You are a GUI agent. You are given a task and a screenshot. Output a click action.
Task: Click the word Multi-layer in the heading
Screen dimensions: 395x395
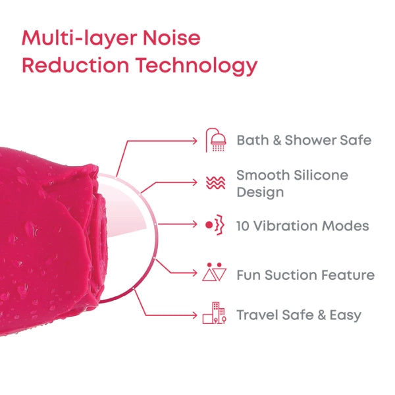[x=78, y=38]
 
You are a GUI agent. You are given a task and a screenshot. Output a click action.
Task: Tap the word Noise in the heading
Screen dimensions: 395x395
[x=174, y=38]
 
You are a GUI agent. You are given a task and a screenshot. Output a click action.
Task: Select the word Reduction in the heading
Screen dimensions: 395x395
[x=73, y=66]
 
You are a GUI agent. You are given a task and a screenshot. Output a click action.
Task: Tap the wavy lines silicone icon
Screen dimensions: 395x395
[x=215, y=183]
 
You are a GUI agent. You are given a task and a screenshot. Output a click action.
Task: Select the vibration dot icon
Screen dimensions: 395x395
[x=215, y=225]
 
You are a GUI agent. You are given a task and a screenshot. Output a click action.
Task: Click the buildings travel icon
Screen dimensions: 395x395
[x=215, y=314]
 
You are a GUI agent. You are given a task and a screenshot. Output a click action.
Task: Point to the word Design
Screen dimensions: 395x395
[x=260, y=192]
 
